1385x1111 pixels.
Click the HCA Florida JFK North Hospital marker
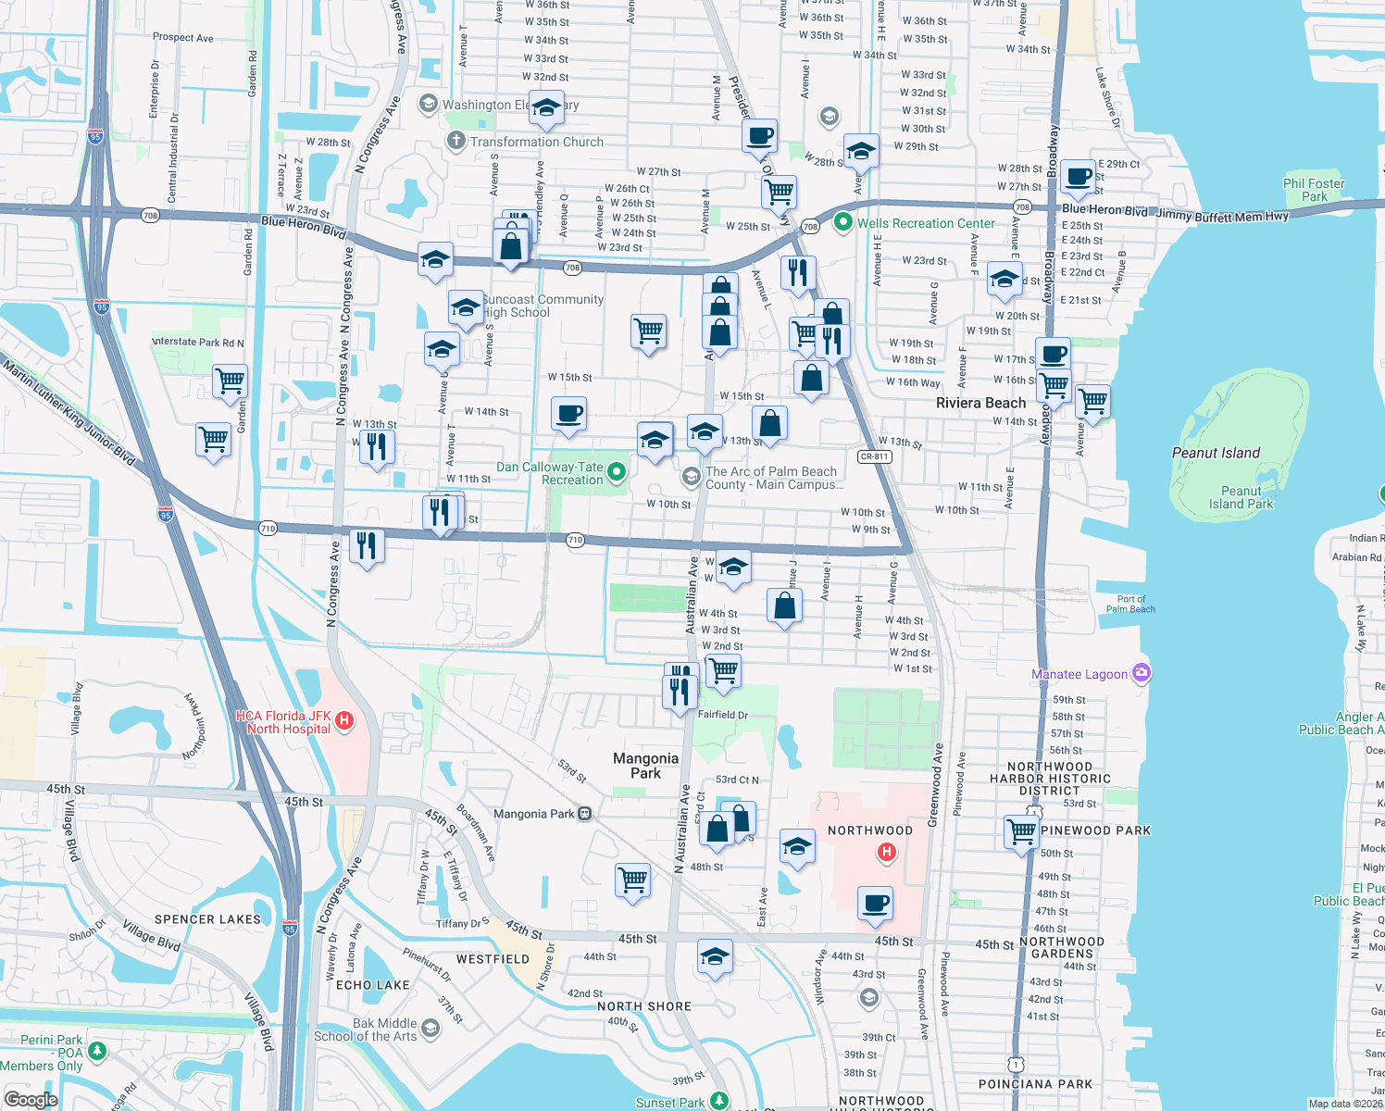(x=344, y=721)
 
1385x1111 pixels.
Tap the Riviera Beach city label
(x=980, y=403)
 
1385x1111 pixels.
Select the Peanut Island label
(x=1216, y=453)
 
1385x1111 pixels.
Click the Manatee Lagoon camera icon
(x=1142, y=673)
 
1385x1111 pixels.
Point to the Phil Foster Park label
(x=1314, y=190)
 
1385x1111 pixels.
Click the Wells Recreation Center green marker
(x=842, y=222)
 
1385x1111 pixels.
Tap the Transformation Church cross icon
(x=455, y=141)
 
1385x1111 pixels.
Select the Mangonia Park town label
(x=645, y=766)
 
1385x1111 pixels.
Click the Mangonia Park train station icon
(x=584, y=814)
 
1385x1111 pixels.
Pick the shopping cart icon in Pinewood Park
(x=1021, y=830)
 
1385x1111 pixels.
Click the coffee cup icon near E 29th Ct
(x=1078, y=176)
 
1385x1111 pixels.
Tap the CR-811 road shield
(x=874, y=456)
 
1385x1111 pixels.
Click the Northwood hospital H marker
(x=887, y=852)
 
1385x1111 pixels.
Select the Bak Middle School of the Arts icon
(x=430, y=1028)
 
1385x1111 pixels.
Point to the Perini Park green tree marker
(x=96, y=1052)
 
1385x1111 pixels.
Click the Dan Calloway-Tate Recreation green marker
(x=616, y=473)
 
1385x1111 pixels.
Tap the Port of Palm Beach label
(x=1130, y=604)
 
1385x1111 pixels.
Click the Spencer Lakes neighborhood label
(x=207, y=919)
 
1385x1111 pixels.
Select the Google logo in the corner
(x=31, y=1099)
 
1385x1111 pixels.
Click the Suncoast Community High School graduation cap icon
(x=465, y=306)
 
